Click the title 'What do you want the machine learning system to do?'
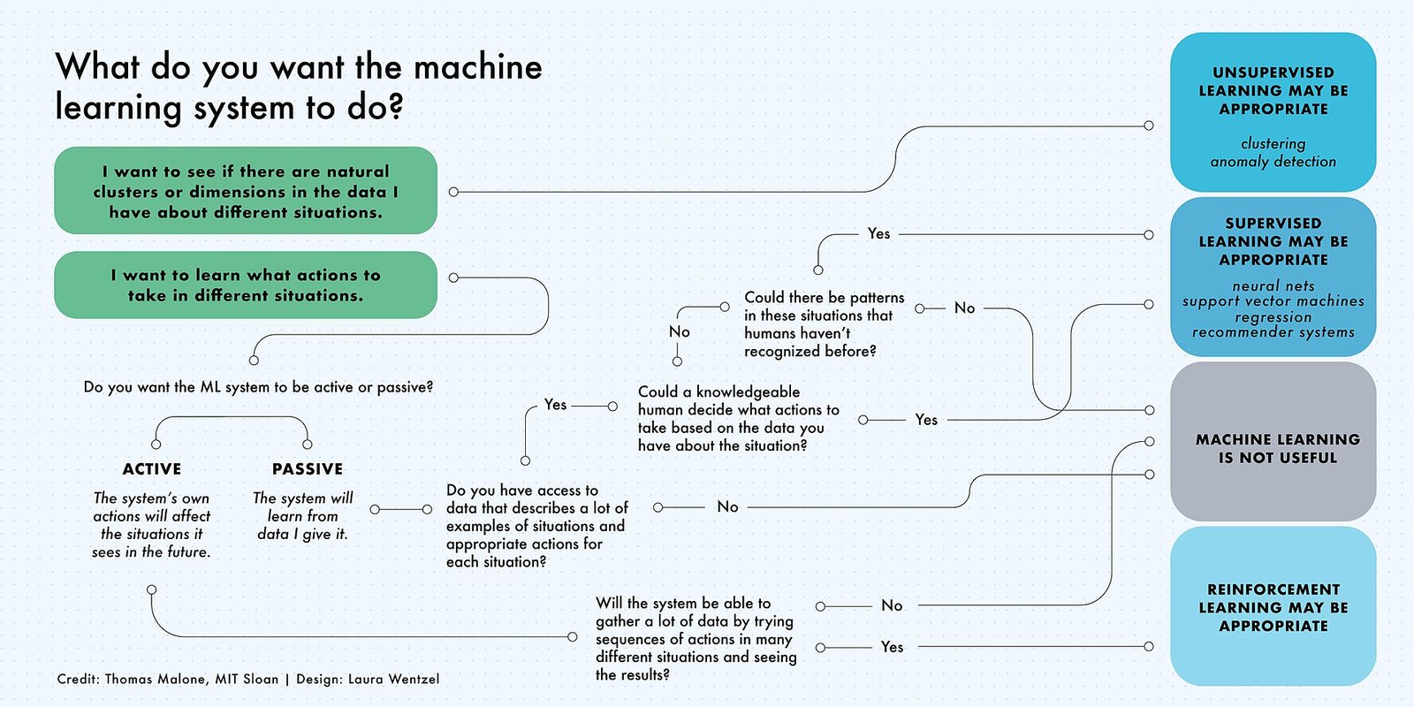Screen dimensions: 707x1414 (299, 87)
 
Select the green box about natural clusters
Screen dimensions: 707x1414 (246, 191)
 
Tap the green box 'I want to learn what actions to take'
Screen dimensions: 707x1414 (246, 285)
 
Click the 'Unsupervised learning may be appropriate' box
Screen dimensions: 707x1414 (1273, 111)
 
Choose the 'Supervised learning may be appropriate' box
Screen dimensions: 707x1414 (1273, 276)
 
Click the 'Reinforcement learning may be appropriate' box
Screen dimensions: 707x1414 (1273, 606)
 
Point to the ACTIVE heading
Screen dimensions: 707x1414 (152, 469)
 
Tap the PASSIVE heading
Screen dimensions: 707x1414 (308, 469)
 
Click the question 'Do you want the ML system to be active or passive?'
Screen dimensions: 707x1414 (258, 387)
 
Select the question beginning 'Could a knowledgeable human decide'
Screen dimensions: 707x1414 (738, 419)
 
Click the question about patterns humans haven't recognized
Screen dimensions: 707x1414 (824, 324)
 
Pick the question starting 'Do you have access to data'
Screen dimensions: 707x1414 (537, 526)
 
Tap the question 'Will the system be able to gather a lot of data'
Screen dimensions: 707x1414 (696, 638)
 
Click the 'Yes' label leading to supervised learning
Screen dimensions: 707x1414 (878, 233)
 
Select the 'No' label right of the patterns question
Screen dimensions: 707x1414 (964, 308)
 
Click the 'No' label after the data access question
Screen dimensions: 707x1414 (727, 506)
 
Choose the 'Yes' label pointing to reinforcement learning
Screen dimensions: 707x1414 (892, 647)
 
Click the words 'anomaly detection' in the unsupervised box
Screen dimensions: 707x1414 (1273, 162)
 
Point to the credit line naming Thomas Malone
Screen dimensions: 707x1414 (247, 679)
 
